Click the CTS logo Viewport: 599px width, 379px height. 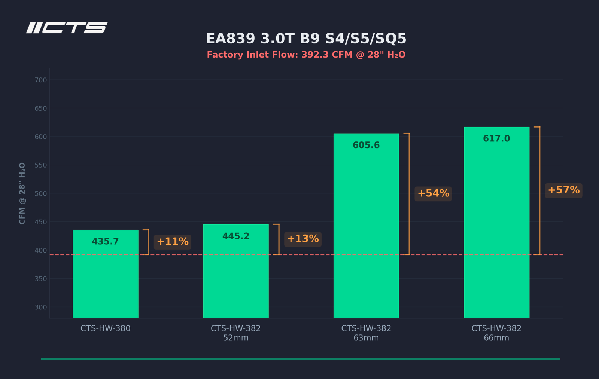67,28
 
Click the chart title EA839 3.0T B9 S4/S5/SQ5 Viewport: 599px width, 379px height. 306,39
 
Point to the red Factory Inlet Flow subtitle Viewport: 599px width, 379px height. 306,55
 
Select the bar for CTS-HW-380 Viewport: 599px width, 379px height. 105,274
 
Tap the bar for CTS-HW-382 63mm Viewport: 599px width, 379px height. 366,226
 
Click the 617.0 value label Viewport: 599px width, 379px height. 496,138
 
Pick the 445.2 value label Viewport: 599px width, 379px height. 236,236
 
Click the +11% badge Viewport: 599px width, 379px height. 173,242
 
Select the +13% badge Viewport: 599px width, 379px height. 303,239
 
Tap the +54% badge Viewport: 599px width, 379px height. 433,194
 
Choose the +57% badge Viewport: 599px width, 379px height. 564,190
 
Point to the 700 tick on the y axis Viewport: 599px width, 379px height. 41,80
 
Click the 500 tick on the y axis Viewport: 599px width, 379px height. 41,193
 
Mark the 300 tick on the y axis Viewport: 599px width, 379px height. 41,307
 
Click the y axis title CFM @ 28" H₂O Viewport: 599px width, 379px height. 22,193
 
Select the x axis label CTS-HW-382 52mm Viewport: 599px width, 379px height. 235,333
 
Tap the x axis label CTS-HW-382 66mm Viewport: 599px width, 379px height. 496,333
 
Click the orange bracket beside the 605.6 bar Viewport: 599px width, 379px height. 409,194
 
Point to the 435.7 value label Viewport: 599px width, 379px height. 105,241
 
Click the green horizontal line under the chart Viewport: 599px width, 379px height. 301,359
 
